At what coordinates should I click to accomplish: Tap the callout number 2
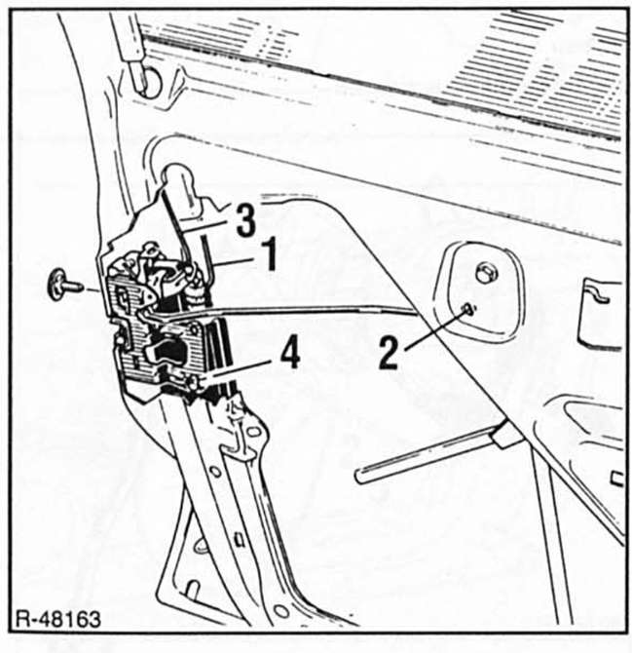[389, 353]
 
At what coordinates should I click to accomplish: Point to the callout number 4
[290, 353]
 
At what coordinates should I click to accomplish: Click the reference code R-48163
[58, 619]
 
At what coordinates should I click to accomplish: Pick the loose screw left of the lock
[64, 284]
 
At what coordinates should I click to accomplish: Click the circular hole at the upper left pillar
[149, 82]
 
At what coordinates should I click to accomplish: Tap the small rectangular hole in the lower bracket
[240, 539]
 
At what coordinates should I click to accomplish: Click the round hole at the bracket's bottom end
[281, 611]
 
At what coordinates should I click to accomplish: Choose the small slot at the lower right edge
[616, 479]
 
